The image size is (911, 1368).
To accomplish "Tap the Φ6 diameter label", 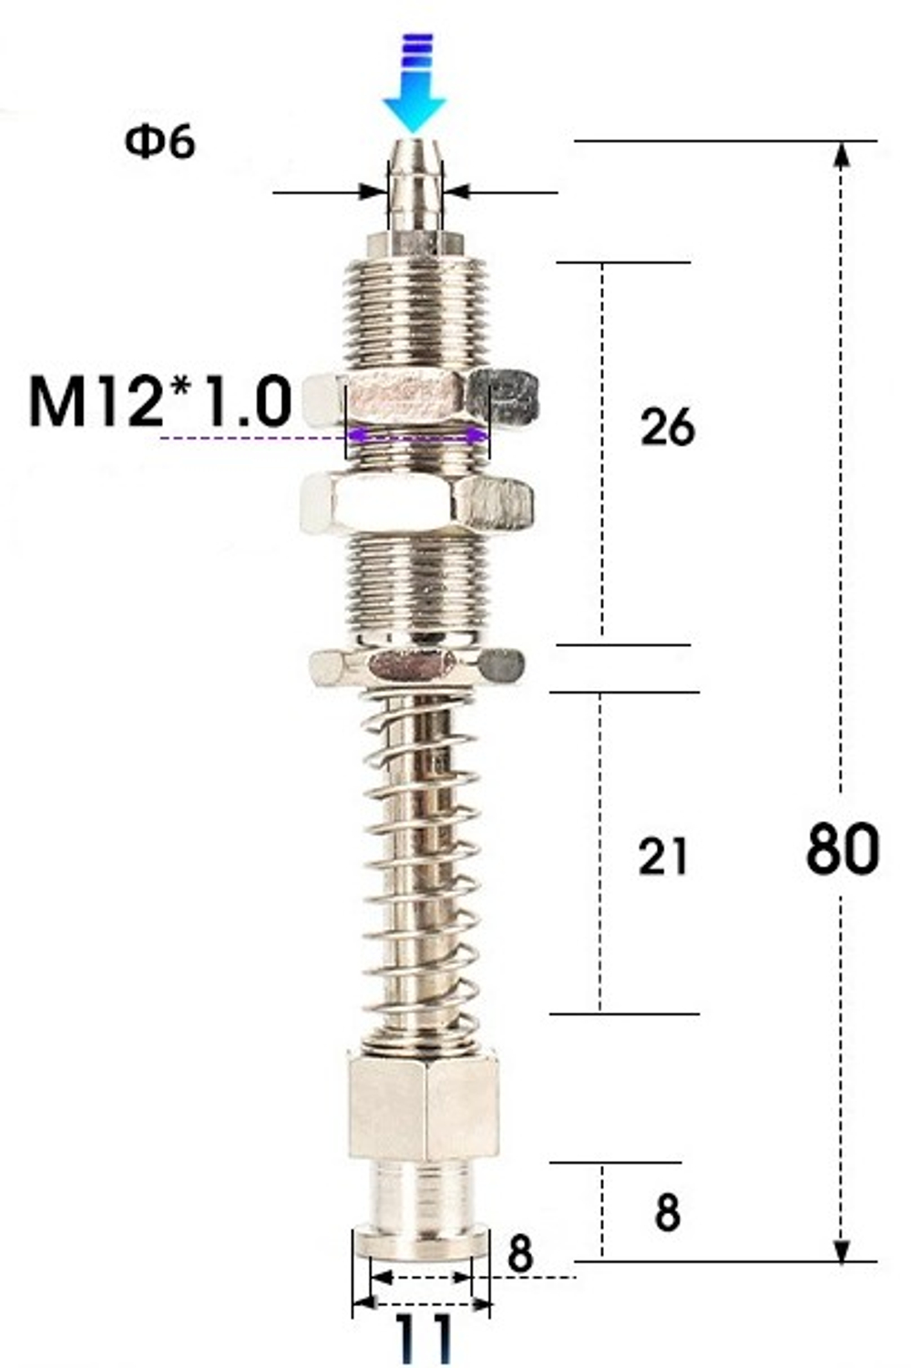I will point(160,142).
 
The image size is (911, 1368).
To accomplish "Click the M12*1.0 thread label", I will point(160,401).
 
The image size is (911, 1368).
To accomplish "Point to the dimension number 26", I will point(667,427).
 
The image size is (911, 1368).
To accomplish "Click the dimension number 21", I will point(663,857).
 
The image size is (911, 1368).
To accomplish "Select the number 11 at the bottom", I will point(425,1338).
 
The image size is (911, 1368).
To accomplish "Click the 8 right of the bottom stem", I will point(667,1213).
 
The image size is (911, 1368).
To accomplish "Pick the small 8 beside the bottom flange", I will point(519,1254).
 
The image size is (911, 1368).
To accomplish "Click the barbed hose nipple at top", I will point(415,187).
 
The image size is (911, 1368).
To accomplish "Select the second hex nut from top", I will point(416,502).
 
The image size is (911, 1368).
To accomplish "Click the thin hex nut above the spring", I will point(416,666).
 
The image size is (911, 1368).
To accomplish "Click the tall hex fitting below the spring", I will point(424,1105).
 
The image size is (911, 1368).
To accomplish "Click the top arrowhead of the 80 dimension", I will point(843,155).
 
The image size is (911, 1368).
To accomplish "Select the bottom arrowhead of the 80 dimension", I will point(843,1249).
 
